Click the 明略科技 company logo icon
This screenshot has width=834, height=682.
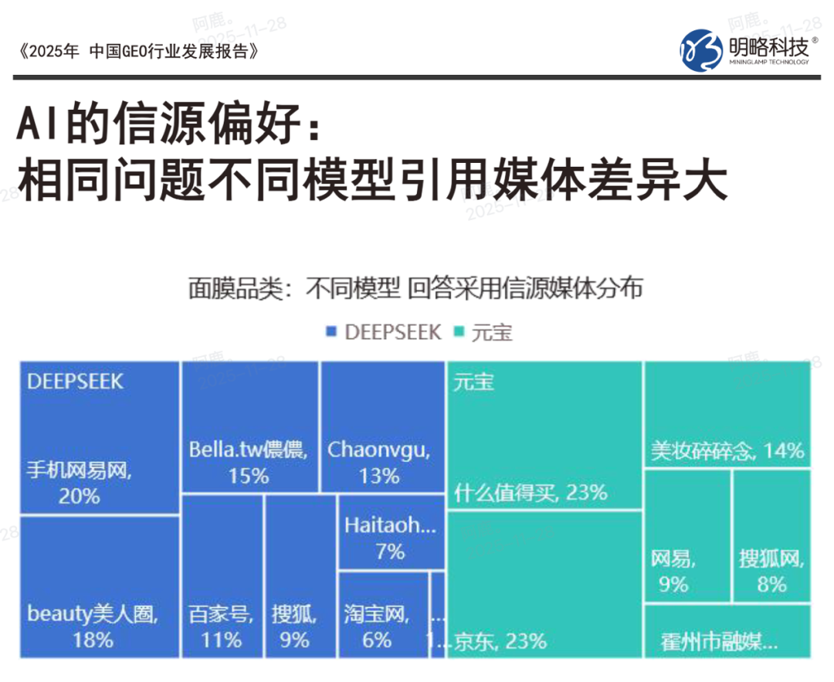pos(700,50)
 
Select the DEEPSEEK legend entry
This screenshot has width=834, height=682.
pos(383,332)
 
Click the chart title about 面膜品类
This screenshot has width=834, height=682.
pos(415,288)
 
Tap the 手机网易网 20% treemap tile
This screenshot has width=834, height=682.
pos(100,438)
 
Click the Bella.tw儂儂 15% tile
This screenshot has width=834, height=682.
pos(249,427)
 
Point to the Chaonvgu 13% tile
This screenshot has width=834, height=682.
pos(382,427)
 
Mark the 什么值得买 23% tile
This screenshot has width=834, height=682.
pos(544,436)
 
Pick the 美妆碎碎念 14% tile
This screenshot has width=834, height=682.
pos(727,415)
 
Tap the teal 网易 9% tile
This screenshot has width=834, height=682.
pos(687,535)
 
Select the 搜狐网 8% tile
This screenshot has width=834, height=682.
pos(771,535)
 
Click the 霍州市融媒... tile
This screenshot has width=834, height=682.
pos(727,632)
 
